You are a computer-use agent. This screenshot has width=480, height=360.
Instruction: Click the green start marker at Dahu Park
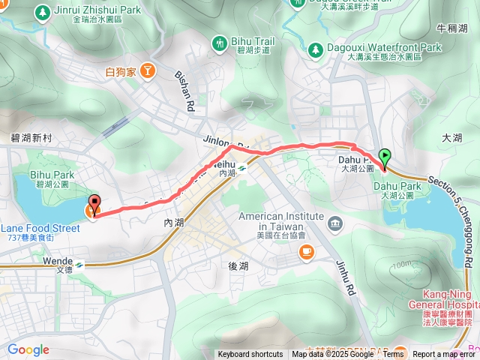385,157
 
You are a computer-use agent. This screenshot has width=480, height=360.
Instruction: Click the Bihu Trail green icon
220,43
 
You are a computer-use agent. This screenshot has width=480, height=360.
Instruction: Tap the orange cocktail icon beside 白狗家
148,71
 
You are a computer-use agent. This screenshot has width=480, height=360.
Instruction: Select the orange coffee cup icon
306,253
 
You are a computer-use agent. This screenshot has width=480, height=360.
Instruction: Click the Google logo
28,349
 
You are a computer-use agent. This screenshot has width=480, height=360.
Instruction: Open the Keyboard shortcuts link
250,355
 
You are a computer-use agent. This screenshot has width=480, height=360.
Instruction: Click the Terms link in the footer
393,355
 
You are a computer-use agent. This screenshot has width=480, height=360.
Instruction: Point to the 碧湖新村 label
31,138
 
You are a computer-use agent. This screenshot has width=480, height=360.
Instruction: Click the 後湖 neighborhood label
237,266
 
